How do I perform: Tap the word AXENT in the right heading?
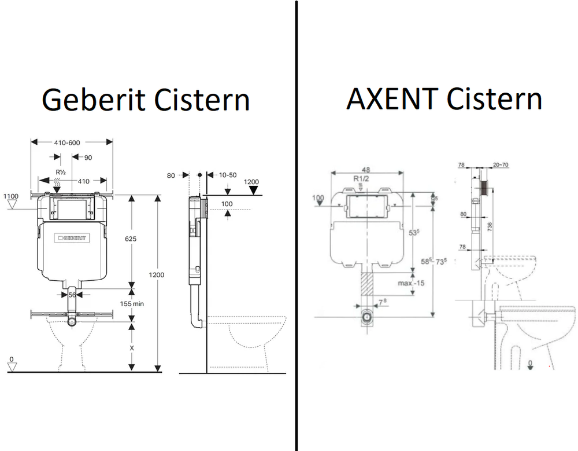point(391,99)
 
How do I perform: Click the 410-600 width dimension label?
point(71,142)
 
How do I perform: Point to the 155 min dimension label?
point(132,303)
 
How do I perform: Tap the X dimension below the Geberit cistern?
point(132,349)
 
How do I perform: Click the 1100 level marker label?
point(11,197)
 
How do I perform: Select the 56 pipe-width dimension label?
point(72,294)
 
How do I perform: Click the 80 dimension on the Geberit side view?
point(171,175)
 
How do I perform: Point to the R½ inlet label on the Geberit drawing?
point(60,172)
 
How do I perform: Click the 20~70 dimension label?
point(501,166)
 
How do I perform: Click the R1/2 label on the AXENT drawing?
point(362,179)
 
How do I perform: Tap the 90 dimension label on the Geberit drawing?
point(88,157)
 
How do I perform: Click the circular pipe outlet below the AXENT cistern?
point(366,316)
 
